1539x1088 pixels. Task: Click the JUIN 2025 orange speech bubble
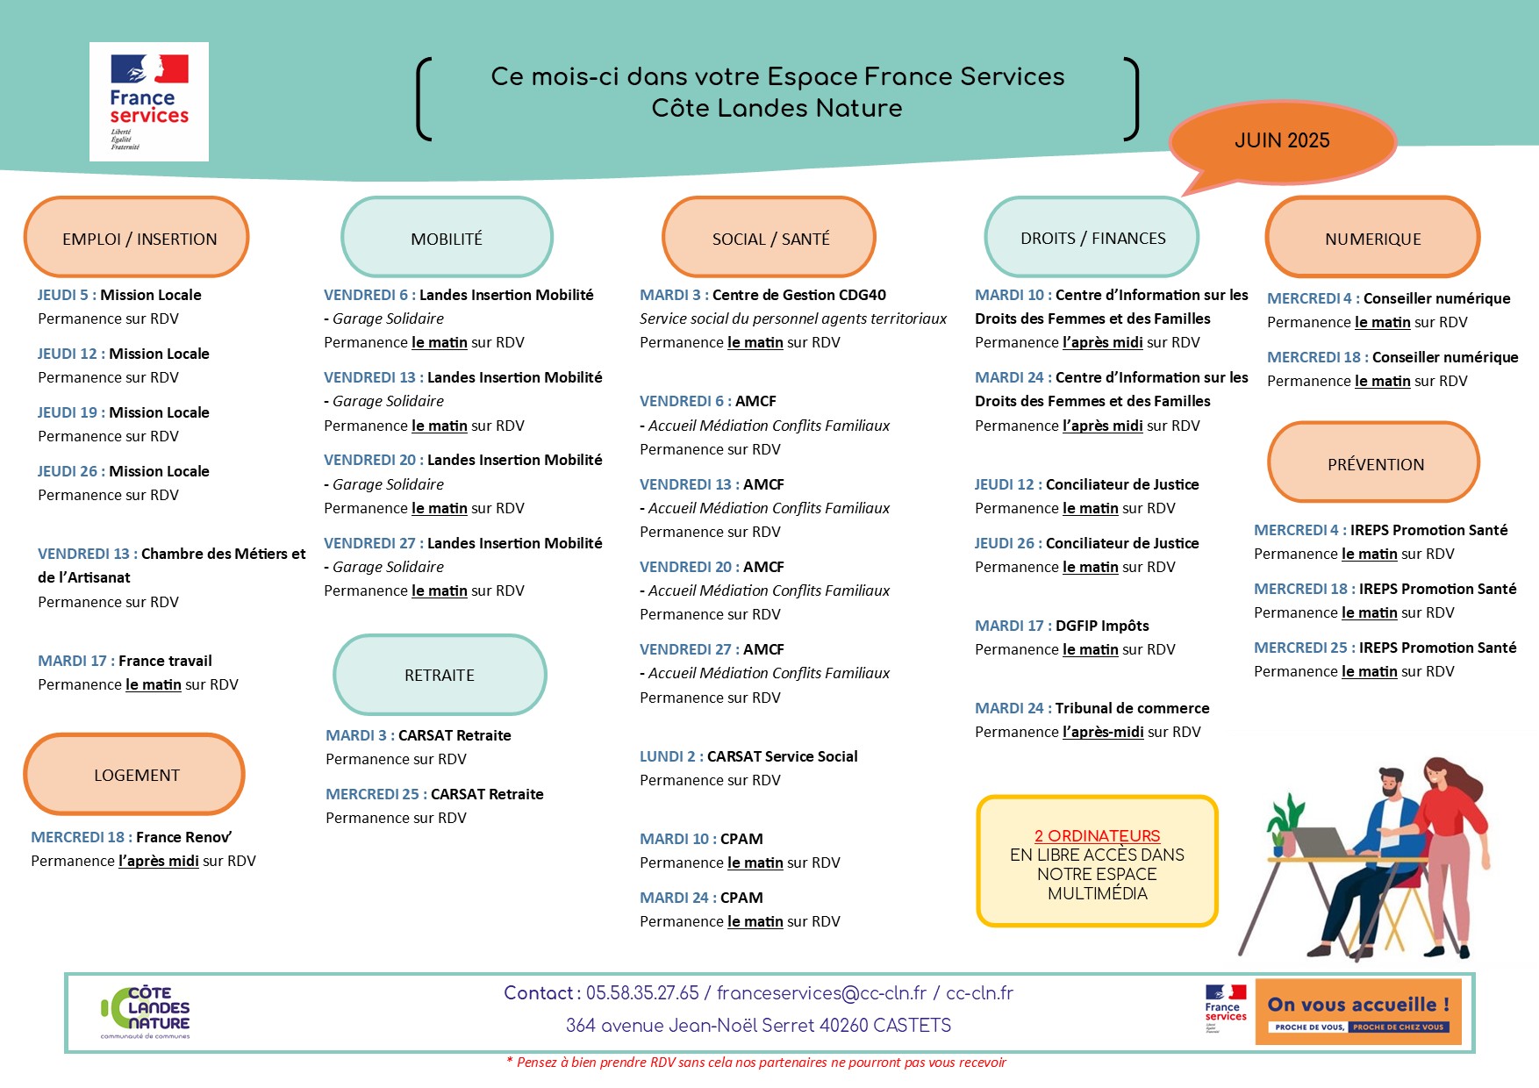click(x=1282, y=141)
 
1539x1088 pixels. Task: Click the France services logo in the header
click(x=149, y=102)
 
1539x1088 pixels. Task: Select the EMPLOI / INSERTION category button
click(x=137, y=238)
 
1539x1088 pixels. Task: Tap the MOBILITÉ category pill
click(x=447, y=238)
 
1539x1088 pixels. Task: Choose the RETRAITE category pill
click(x=440, y=675)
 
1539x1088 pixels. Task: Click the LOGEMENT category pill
click(x=135, y=775)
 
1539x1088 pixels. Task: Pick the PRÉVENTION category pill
click(x=1374, y=463)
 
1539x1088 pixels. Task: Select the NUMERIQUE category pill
click(x=1372, y=238)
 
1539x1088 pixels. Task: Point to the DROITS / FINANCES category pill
click(x=1092, y=238)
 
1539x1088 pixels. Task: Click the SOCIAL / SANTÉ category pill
click(x=769, y=238)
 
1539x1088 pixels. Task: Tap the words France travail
click(x=165, y=661)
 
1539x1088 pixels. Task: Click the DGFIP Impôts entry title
click(x=1102, y=626)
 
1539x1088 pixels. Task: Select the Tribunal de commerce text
click(x=1132, y=708)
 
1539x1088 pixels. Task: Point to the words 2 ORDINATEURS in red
click(x=1097, y=836)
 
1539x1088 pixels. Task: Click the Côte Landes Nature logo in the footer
click(x=147, y=1012)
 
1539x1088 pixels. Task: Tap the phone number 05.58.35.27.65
click(x=642, y=993)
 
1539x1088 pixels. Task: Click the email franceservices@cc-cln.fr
click(x=821, y=993)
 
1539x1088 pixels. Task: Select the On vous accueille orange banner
click(x=1358, y=1012)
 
